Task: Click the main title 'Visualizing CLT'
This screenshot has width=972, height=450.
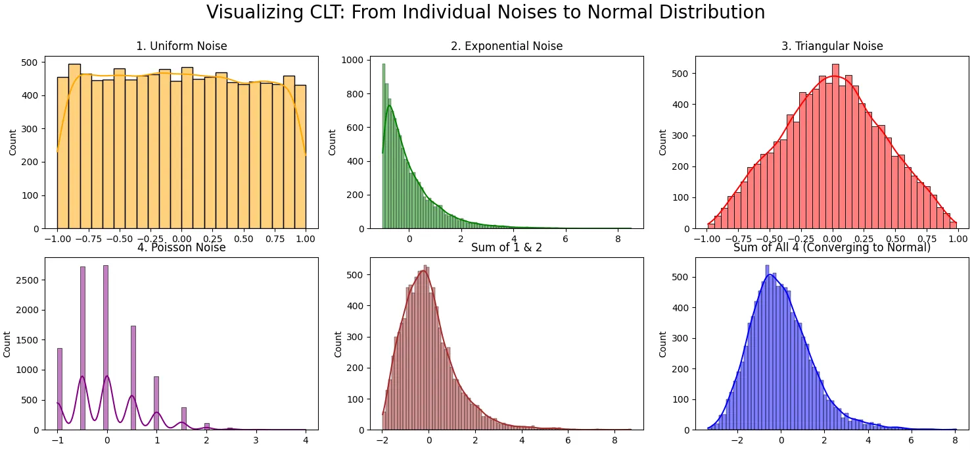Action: click(x=485, y=12)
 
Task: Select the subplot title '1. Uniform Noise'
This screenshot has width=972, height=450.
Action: click(x=181, y=46)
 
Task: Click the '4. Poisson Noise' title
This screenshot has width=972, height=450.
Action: click(x=181, y=248)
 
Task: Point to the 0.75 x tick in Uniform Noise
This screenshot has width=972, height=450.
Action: click(x=275, y=239)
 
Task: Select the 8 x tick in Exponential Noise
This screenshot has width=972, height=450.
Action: click(x=618, y=239)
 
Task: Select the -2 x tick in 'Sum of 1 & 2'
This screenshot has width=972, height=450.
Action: click(x=382, y=441)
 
